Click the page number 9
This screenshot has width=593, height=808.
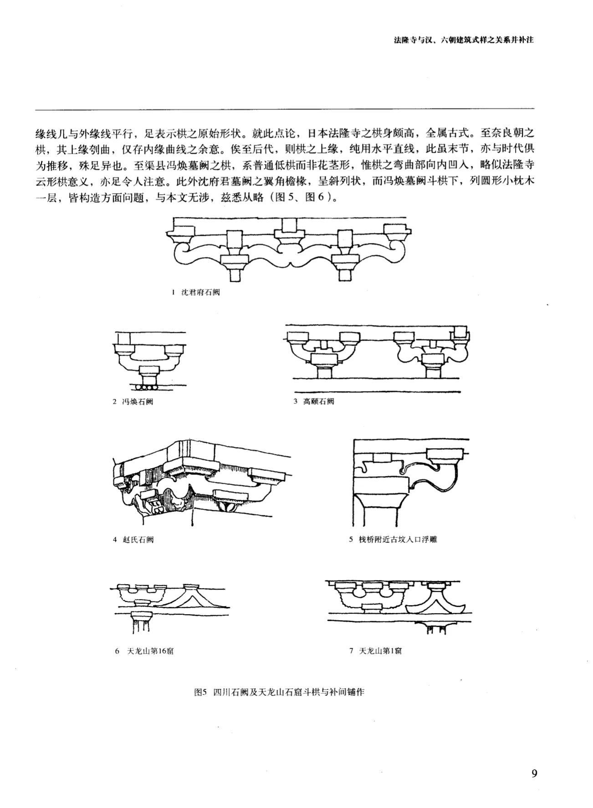[x=534, y=773]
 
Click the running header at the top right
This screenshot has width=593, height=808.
[x=464, y=40]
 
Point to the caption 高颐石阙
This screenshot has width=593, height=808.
[x=319, y=401]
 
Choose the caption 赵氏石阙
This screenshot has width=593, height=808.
[x=138, y=539]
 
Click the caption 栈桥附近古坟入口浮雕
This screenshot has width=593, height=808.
[x=398, y=539]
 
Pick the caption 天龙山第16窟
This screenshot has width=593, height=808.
[x=151, y=651]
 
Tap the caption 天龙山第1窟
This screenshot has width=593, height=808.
[x=380, y=651]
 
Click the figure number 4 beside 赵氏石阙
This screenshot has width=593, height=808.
[x=115, y=539]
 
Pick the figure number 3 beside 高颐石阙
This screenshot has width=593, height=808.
[x=296, y=401]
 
